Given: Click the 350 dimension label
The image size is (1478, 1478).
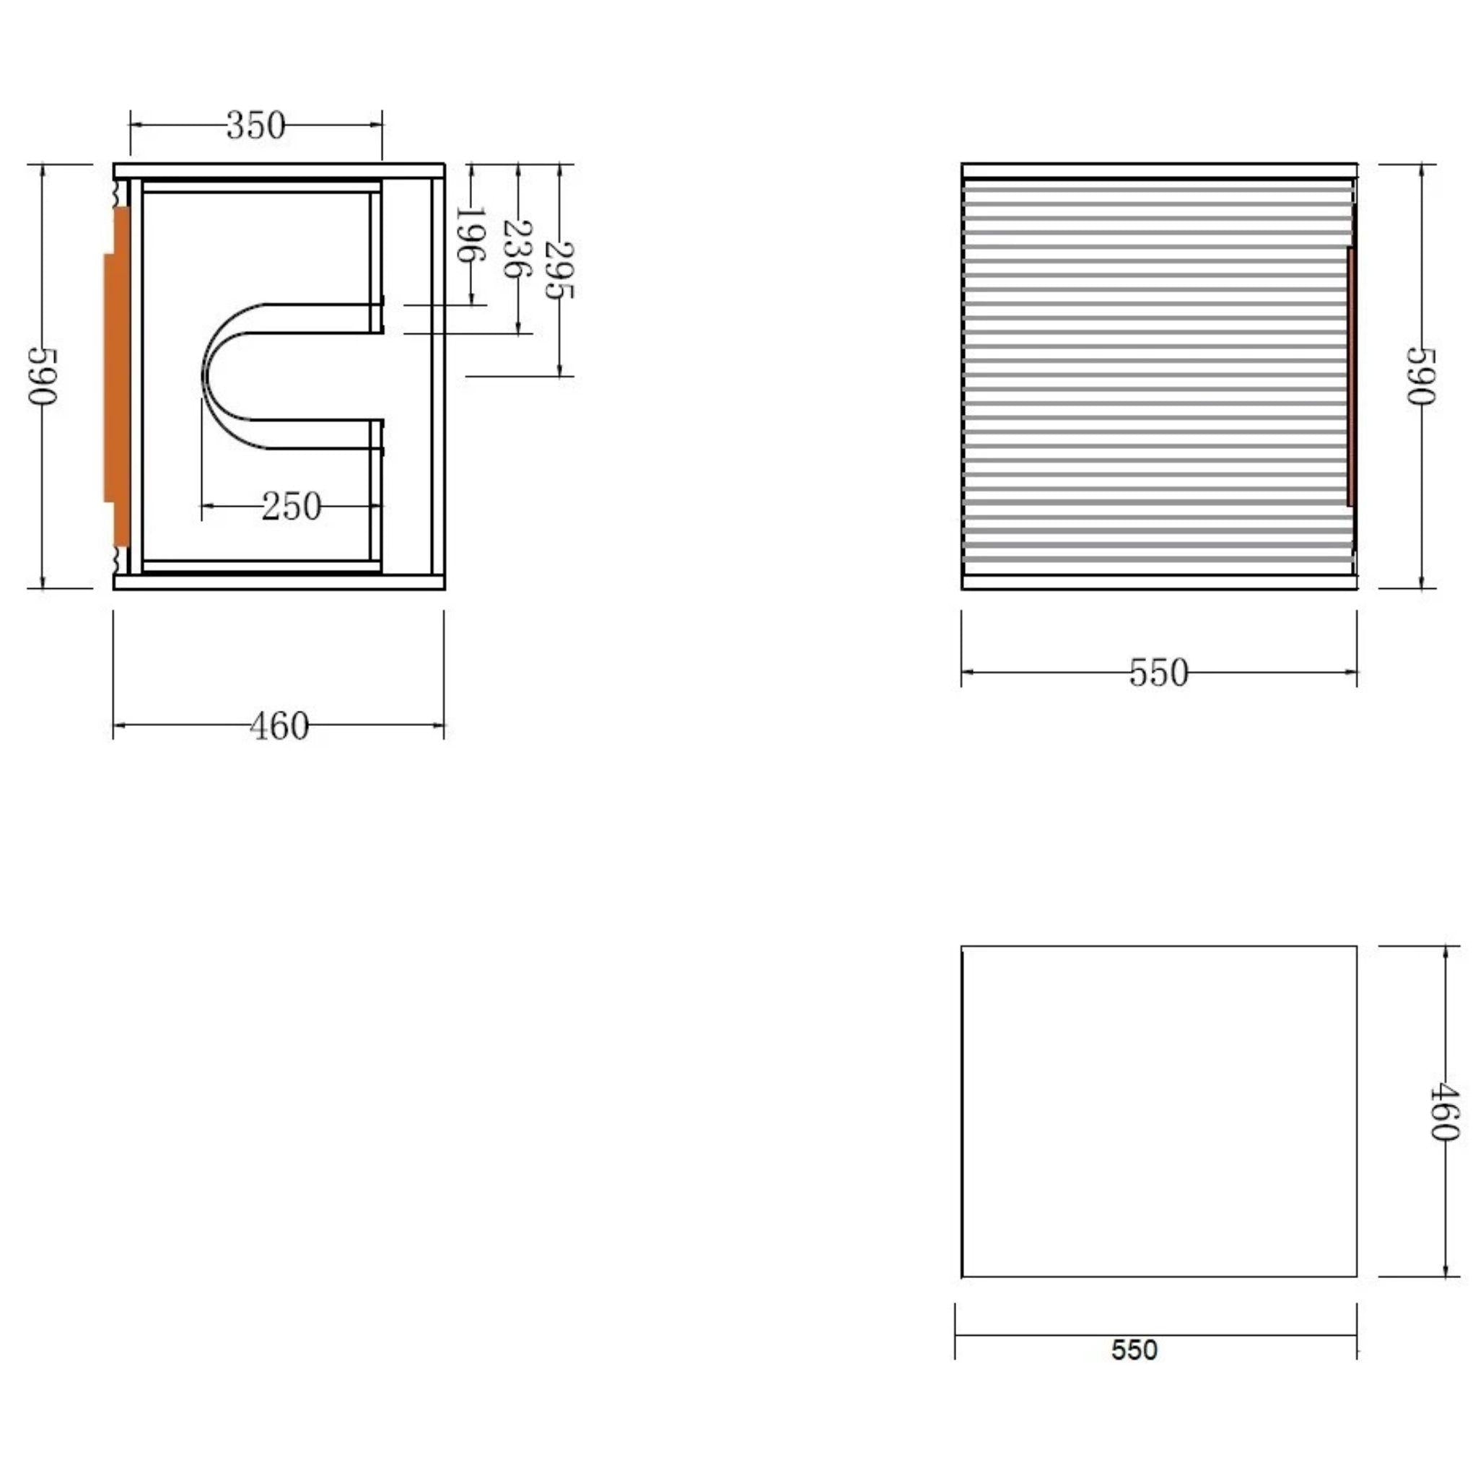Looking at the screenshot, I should click(x=255, y=126).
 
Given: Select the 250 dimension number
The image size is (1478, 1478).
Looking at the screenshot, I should click(x=291, y=507).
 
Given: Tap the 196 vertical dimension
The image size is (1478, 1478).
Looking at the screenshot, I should click(x=470, y=234).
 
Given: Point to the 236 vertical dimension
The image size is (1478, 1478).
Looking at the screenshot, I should click(x=517, y=249).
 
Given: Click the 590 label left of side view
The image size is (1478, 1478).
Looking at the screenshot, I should click(x=42, y=377).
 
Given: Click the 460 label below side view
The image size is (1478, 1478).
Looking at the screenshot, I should click(x=279, y=726).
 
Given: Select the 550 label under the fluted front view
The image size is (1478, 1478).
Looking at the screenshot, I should click(x=1158, y=673).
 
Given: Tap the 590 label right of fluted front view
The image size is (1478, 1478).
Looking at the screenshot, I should click(x=1422, y=377).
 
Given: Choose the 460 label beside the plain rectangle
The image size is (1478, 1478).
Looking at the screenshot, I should click(x=1444, y=1111).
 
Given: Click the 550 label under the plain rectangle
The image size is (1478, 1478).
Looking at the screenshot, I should click(x=1134, y=1350).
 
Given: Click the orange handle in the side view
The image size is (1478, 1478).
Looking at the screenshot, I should click(x=118, y=377).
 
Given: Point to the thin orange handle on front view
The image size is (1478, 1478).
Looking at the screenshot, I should click(x=1351, y=377).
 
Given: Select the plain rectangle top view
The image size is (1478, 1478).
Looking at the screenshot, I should click(x=1158, y=1111).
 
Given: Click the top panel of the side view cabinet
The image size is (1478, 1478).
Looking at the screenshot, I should click(x=279, y=170).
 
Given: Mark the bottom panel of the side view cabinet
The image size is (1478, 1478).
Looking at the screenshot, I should click(x=279, y=583).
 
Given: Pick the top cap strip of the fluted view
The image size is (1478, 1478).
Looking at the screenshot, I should click(x=1158, y=170).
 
